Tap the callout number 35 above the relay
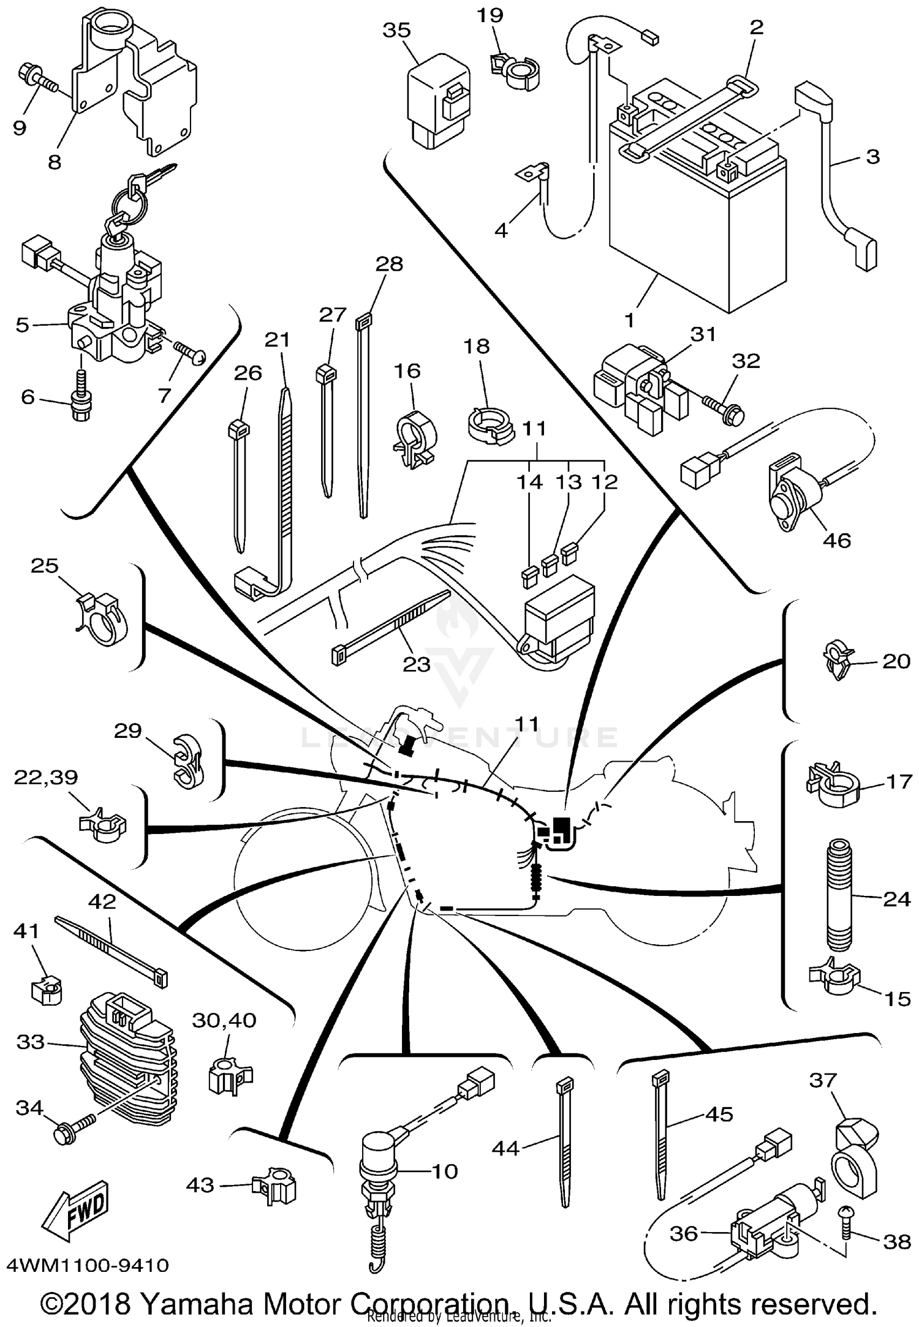click(x=396, y=31)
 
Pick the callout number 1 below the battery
click(x=629, y=320)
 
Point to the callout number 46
click(x=836, y=540)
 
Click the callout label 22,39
click(x=46, y=778)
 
